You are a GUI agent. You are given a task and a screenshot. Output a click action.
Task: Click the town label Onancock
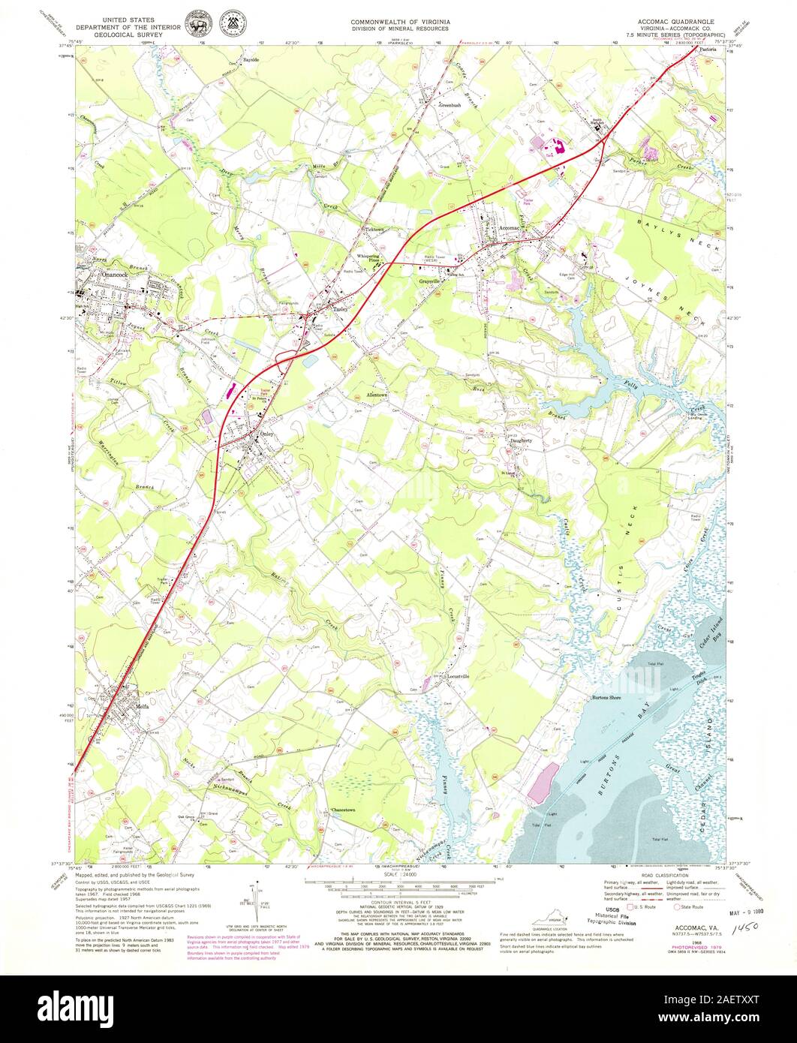tap(113, 275)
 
